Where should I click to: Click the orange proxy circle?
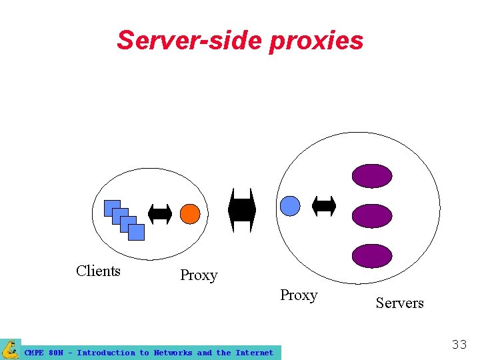tap(190, 213)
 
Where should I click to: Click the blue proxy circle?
tap(290, 206)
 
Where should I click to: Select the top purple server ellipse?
tap(372, 176)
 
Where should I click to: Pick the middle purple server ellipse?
tap(372, 216)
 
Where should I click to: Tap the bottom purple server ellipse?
tap(372, 256)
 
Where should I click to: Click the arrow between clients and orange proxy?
tap(160, 214)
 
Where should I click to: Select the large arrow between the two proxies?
tap(242, 210)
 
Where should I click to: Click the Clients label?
tap(98, 271)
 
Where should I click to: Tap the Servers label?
tap(399, 303)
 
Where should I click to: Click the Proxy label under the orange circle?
tap(199, 275)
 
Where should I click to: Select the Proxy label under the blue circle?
tap(299, 295)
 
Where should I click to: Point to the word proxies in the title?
tap(317, 41)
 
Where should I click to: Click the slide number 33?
tap(459, 345)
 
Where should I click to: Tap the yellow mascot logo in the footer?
tap(11, 349)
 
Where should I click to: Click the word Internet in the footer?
tap(254, 353)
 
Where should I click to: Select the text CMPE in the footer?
tap(34, 353)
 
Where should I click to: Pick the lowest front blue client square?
tap(136, 232)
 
